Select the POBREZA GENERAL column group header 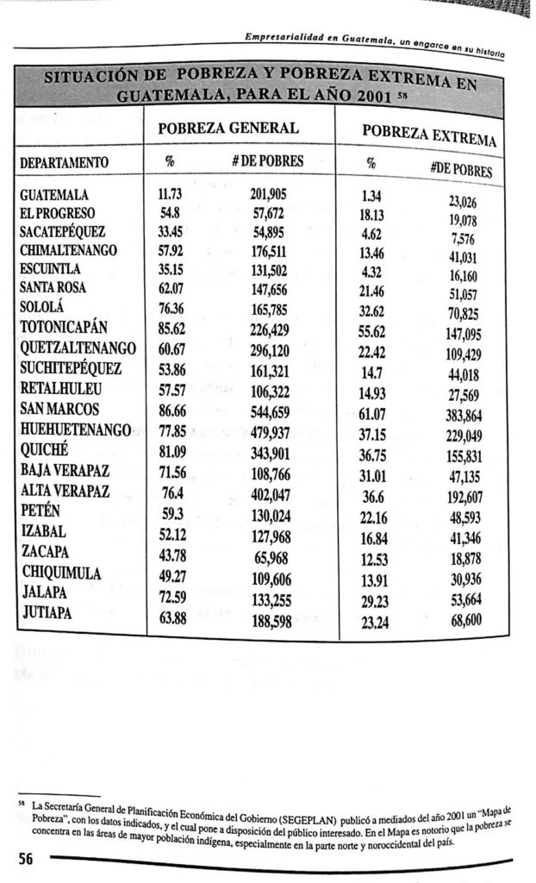tap(227, 128)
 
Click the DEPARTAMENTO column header tap(65, 161)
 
